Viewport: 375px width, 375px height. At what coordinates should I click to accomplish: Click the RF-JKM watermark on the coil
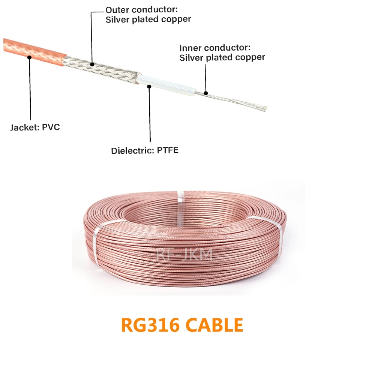point(184,254)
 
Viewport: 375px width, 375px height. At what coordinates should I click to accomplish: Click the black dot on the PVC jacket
point(29,57)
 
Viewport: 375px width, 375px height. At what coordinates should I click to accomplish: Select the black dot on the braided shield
point(92,64)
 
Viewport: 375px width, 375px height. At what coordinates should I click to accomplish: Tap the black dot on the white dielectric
point(149,86)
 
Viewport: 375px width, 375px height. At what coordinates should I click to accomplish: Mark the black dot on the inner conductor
point(205,93)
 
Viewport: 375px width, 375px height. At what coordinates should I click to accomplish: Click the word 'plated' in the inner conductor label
point(220,57)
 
